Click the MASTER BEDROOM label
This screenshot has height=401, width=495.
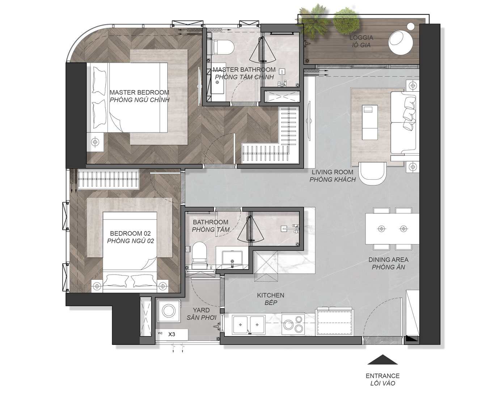click(139, 92)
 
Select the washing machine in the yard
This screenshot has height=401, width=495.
click(169, 310)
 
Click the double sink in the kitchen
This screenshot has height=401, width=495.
click(249, 324)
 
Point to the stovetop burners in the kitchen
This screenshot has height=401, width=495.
click(293, 324)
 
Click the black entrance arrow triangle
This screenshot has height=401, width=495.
click(382, 359)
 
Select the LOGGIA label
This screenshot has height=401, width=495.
click(361, 37)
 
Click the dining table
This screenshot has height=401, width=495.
click(392, 229)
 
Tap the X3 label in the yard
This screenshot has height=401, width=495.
click(172, 334)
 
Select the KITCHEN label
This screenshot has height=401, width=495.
click(271, 295)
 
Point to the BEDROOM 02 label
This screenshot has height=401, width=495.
click(130, 233)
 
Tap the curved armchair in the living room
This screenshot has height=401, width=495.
click(372, 173)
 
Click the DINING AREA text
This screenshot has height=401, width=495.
click(388, 260)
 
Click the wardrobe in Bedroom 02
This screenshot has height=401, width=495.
click(108, 179)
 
